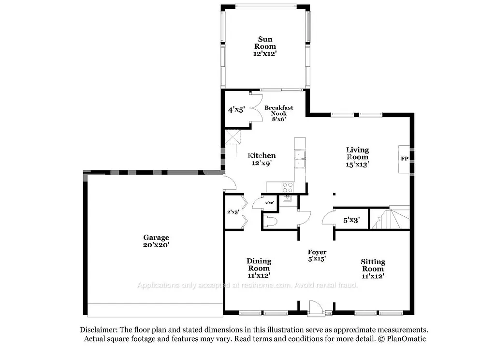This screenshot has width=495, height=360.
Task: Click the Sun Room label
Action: [264, 43]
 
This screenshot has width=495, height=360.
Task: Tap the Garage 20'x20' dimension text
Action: [156, 245]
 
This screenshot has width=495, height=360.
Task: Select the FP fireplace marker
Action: [404, 159]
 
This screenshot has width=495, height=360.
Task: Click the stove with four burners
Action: [288, 187]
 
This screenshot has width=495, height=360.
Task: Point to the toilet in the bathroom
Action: [271, 221]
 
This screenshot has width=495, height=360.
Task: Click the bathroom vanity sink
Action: [288, 199]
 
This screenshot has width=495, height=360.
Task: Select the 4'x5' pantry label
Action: [236, 110]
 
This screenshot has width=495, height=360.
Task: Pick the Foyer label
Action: [317, 252]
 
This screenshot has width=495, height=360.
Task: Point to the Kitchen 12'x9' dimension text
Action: [262, 164]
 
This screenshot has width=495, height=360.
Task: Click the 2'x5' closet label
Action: [233, 211]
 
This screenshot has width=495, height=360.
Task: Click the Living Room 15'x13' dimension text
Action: [358, 164]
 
